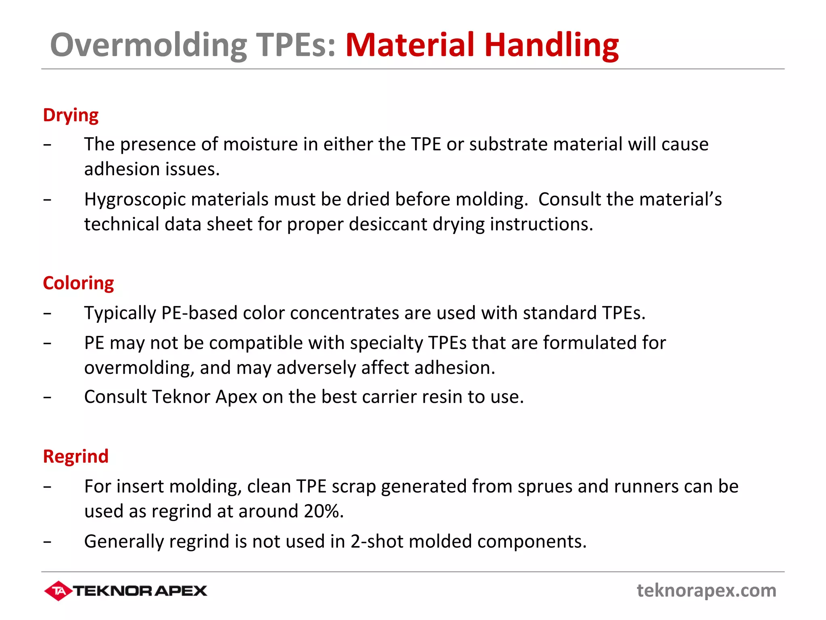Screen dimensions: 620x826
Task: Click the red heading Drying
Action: point(71,115)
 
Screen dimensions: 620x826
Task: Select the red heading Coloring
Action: point(78,283)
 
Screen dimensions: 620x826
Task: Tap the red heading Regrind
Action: point(76,457)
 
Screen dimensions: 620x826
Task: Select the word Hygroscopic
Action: point(135,200)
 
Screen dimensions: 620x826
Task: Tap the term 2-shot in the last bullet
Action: point(377,541)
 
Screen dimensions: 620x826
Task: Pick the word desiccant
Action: point(388,224)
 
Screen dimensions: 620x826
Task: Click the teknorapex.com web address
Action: point(706,591)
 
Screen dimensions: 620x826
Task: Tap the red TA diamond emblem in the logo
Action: point(58,591)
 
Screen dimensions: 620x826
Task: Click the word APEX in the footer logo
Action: point(181,591)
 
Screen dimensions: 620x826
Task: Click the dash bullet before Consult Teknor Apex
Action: point(48,397)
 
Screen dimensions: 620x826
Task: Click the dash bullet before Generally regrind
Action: point(48,542)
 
